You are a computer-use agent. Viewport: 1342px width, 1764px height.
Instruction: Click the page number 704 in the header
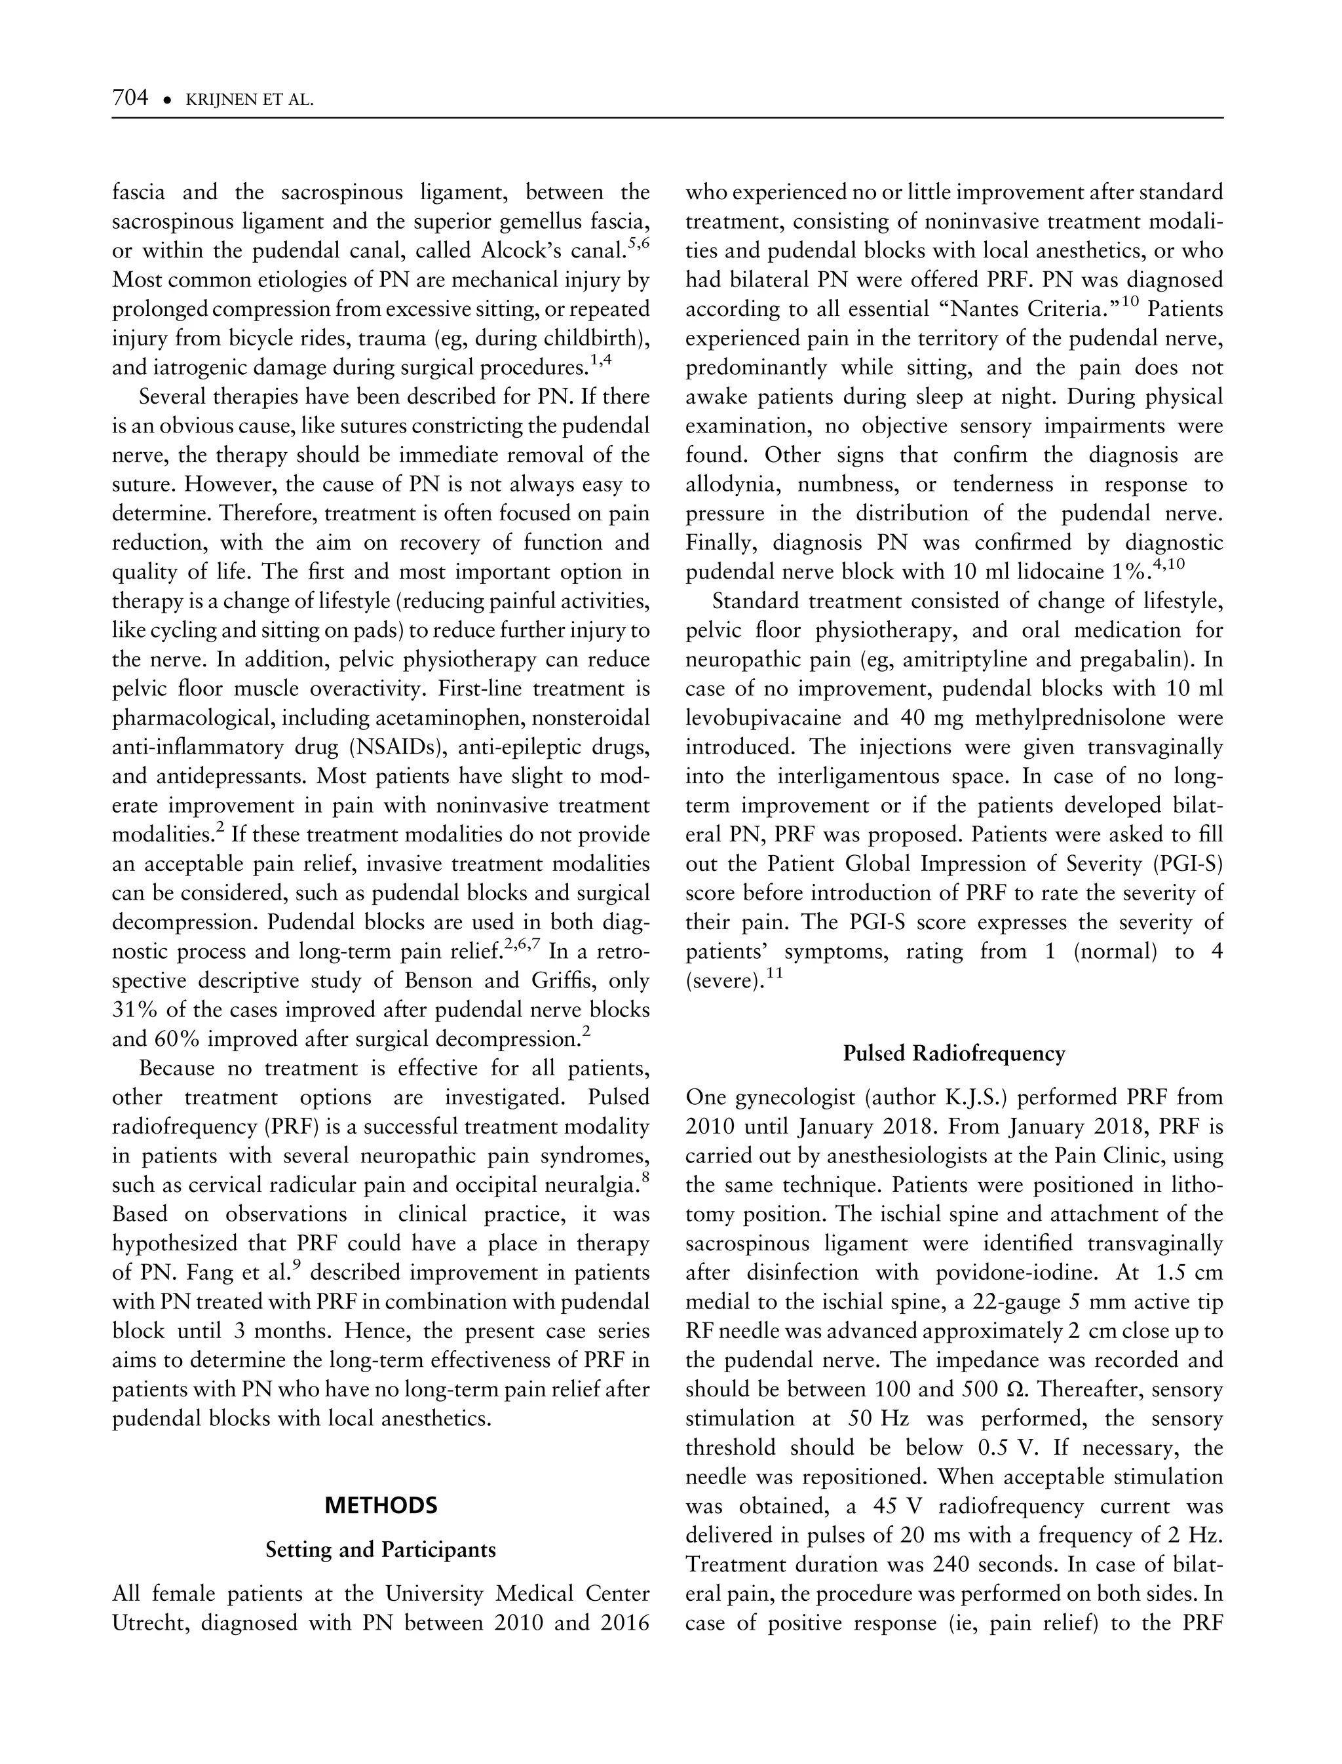pos(131,98)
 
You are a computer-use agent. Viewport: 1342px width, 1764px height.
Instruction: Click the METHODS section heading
pos(381,1506)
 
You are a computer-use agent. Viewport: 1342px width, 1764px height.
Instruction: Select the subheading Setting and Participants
pos(381,1549)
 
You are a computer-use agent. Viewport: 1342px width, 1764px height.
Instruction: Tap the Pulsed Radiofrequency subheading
pos(954,1054)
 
